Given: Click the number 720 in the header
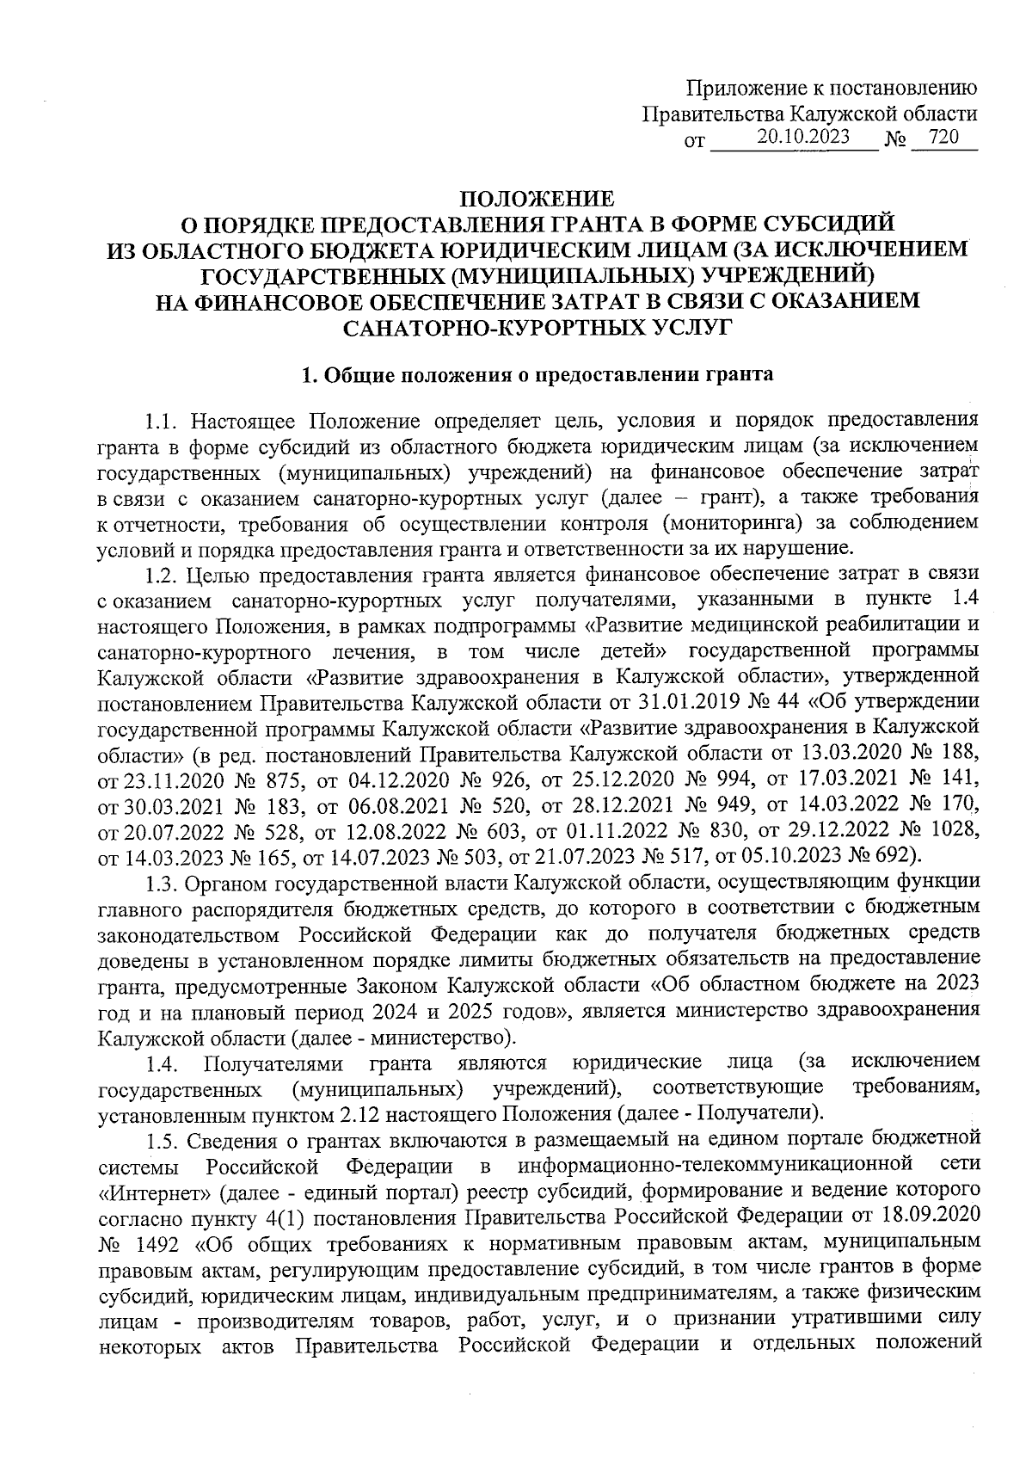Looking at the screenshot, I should point(943,137).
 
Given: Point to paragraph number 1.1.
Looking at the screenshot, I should point(161,422).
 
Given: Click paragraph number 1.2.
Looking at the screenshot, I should point(161,572).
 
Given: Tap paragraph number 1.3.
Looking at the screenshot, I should point(161,884).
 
